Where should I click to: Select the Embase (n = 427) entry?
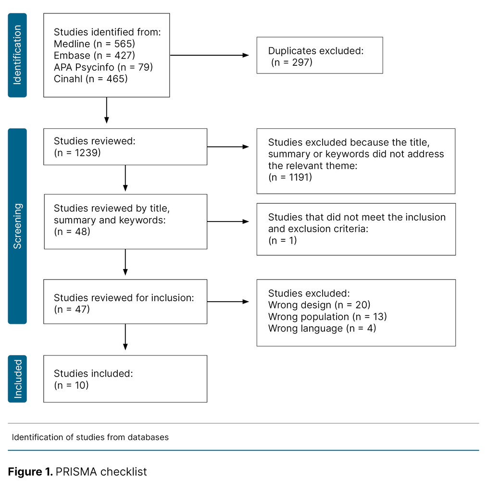click(x=94, y=56)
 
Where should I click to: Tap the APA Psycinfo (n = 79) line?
click(x=103, y=67)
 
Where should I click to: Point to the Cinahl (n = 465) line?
click(x=90, y=79)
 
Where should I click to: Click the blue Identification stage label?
click(x=17, y=55)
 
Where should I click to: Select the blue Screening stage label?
click(x=17, y=226)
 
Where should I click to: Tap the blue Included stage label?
click(x=17, y=379)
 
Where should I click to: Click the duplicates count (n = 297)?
click(x=292, y=62)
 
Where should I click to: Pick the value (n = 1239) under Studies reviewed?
click(x=77, y=153)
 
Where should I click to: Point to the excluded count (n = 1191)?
click(x=290, y=177)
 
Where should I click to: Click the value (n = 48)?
click(x=72, y=232)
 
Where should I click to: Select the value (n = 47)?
click(x=72, y=309)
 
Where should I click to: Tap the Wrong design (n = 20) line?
click(x=319, y=305)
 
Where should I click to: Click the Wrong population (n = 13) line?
click(x=327, y=317)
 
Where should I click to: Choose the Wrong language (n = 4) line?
click(x=322, y=329)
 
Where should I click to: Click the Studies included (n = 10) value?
click(x=71, y=385)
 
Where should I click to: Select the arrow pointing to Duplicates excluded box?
click(x=209, y=55)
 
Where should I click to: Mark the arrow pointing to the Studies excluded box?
click(x=228, y=302)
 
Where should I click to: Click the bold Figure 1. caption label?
click(x=30, y=472)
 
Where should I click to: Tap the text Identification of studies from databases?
click(x=90, y=437)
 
